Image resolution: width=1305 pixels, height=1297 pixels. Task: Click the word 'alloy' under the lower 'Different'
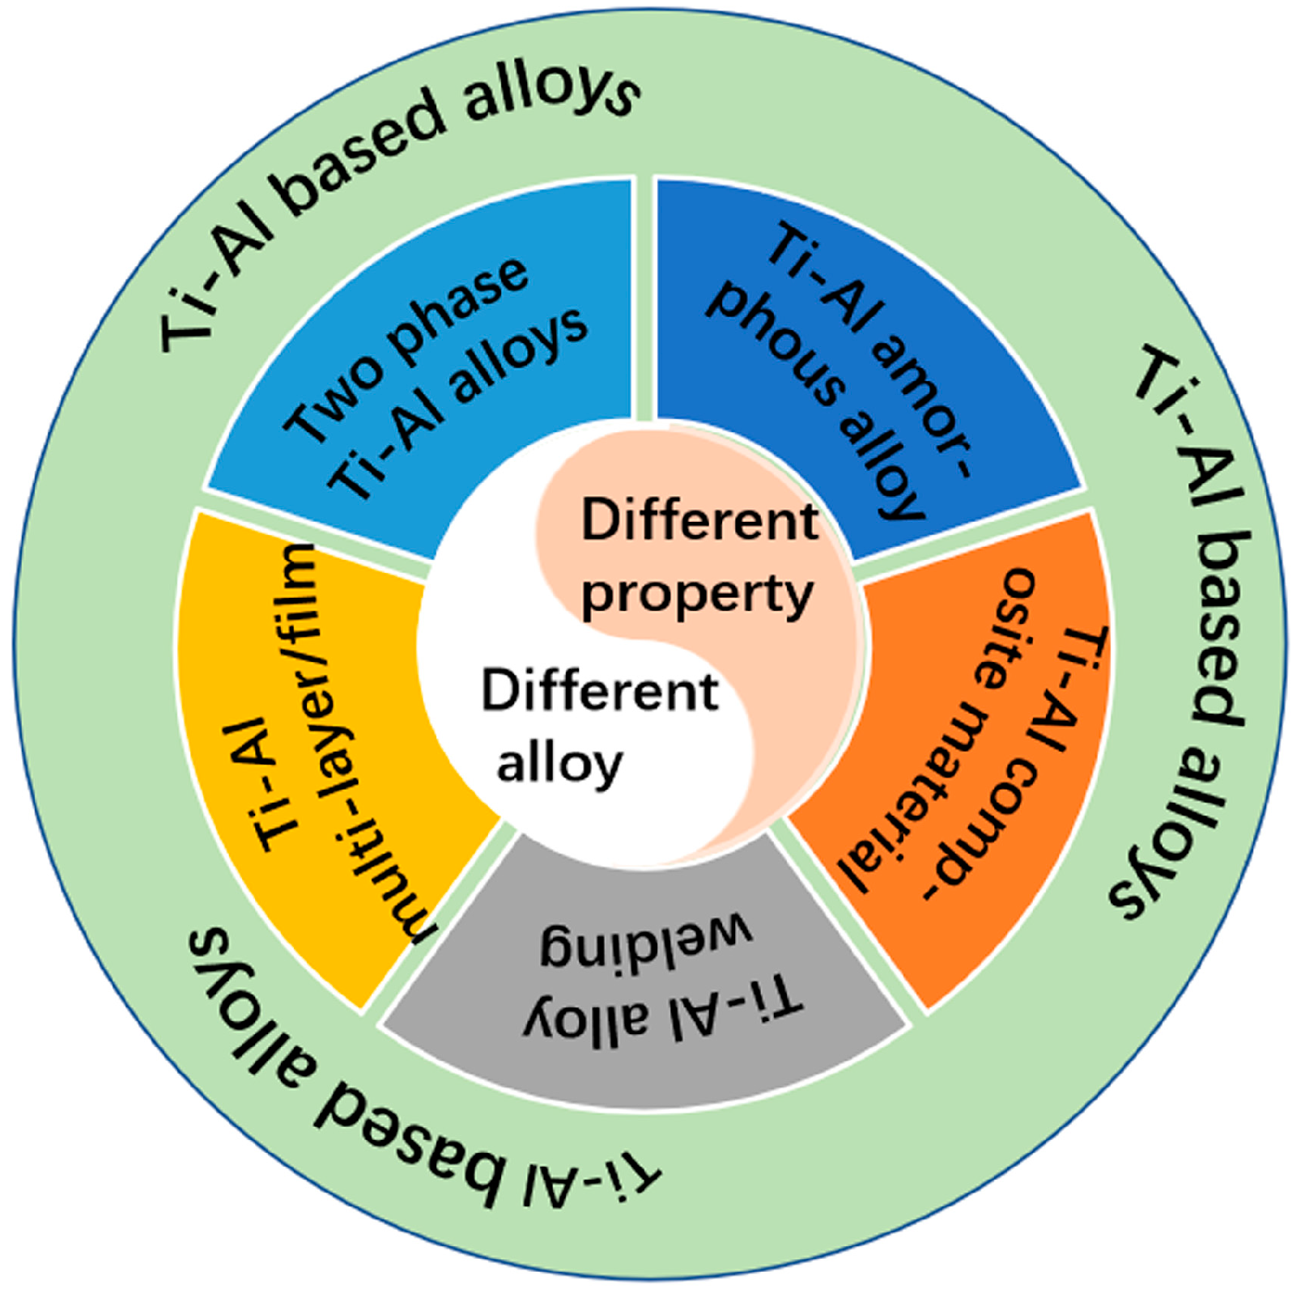(559, 763)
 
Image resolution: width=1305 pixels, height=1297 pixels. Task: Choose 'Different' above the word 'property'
(699, 519)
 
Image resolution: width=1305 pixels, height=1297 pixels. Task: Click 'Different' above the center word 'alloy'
(600, 691)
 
